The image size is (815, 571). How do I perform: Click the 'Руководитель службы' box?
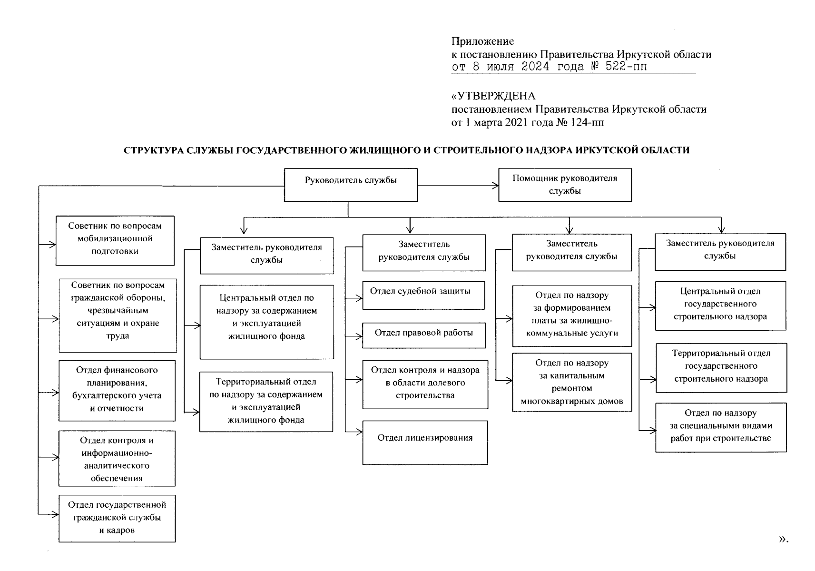351,185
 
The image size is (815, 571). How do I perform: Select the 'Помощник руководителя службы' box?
565,185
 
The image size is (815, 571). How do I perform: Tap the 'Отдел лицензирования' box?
425,442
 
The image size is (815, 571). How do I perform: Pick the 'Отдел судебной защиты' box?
423,295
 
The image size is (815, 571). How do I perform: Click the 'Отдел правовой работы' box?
423,335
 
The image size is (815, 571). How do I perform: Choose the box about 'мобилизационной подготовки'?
115,240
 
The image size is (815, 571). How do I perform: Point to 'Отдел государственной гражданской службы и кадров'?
117,518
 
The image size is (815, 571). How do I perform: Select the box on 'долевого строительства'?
425,384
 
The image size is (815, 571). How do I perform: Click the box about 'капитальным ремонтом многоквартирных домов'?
572,382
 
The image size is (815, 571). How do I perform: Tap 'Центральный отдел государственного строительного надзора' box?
720,305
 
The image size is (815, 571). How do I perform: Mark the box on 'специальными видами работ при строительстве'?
721,427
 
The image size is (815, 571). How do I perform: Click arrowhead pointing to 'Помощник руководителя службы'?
495,185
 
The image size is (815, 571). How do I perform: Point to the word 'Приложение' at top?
482,41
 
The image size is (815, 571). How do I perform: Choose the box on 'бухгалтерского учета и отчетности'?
117,390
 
